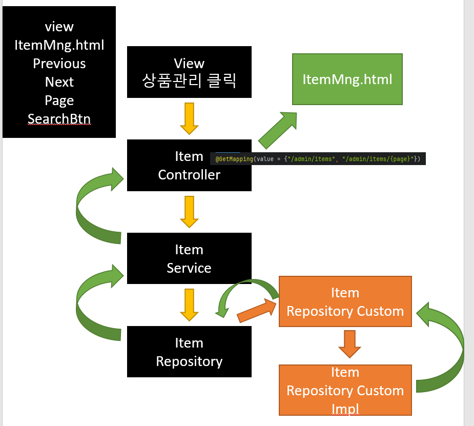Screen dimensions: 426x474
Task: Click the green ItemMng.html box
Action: pos(347,79)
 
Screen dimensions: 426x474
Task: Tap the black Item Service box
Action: pos(189,258)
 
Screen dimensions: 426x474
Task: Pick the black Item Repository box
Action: pos(189,352)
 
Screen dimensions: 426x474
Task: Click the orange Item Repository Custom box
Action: pos(345,301)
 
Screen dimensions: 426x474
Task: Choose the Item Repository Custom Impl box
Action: pos(345,390)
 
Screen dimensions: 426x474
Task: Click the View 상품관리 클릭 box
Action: pos(189,72)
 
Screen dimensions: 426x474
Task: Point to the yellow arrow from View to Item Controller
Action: pos(189,118)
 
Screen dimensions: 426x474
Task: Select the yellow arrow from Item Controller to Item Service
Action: pos(189,212)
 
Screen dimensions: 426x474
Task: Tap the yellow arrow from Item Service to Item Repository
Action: pos(189,305)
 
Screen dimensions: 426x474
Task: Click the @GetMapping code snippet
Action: pos(318,159)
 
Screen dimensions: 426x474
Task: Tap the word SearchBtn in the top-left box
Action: pos(59,119)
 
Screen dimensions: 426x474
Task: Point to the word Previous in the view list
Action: pos(59,64)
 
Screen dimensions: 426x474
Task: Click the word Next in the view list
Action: pos(59,82)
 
